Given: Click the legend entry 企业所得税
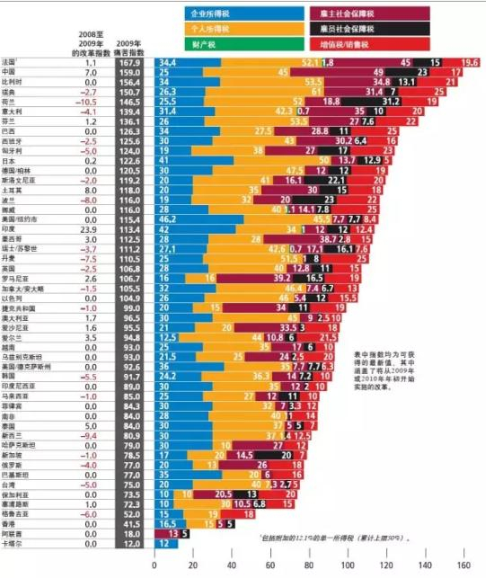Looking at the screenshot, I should click(x=207, y=15).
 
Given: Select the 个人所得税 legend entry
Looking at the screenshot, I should click(x=207, y=29).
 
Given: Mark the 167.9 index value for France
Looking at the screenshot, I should click(x=130, y=62).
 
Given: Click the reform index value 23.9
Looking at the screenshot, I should click(x=89, y=228).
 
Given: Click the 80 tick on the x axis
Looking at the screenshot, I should click(x=309, y=565).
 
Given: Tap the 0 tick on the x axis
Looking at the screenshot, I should click(x=155, y=565).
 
